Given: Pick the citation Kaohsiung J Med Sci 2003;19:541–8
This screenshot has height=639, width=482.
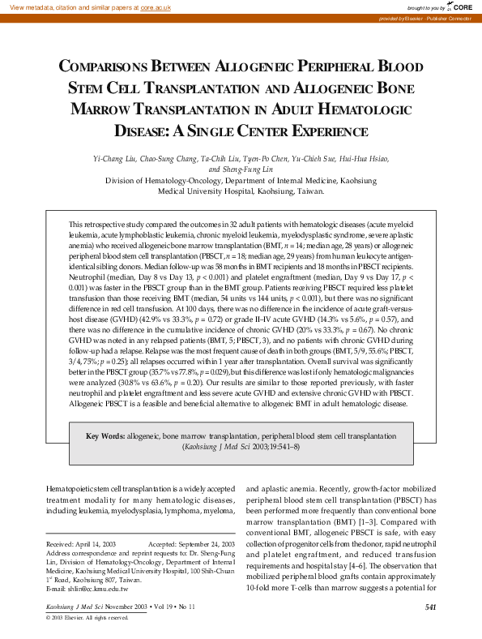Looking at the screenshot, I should click(241, 446).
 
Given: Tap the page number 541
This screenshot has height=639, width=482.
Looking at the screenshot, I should click(430, 606).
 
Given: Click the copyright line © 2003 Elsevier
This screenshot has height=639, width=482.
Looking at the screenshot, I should click(87, 618).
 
